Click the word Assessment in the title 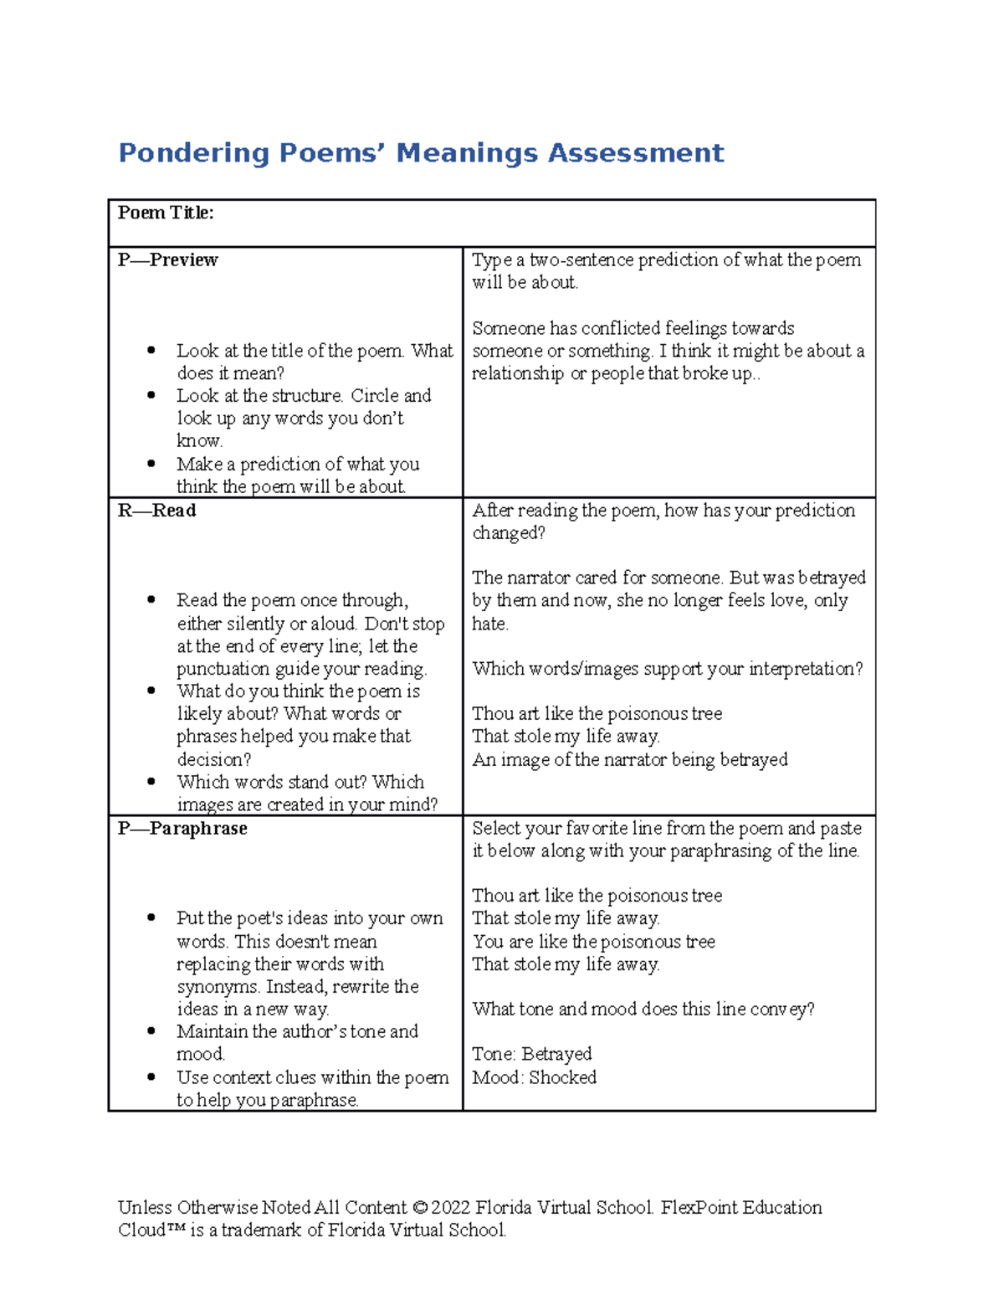[x=636, y=153]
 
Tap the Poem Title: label [x=166, y=213]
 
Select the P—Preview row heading [x=167, y=260]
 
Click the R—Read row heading [x=157, y=511]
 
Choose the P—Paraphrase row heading [x=182, y=829]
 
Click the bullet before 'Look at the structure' [x=151, y=395]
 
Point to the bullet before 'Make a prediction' [x=151, y=464]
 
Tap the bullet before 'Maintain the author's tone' [x=151, y=1031]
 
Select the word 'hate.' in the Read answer [x=490, y=624]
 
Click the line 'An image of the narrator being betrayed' [x=630, y=760]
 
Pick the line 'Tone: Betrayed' [x=531, y=1054]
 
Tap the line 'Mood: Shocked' [x=534, y=1077]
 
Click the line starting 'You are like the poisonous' [x=593, y=942]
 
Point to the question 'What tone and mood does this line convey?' [x=643, y=1010]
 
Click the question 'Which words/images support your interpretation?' [x=667, y=669]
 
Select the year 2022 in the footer [x=451, y=1208]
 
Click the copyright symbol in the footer [x=419, y=1208]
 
